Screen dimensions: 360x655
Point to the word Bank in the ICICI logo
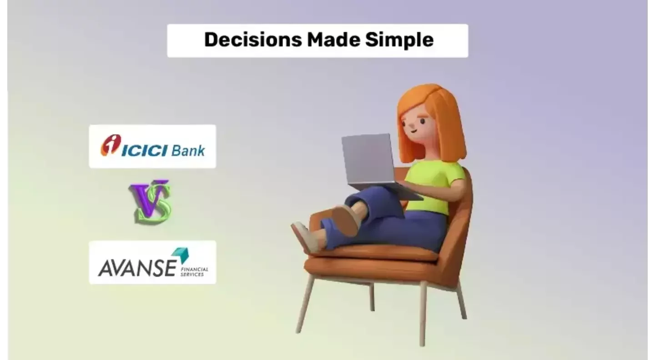pos(188,150)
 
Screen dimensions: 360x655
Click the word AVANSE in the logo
pos(137,268)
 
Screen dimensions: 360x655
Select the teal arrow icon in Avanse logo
pos(180,255)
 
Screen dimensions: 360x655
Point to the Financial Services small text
pos(194,272)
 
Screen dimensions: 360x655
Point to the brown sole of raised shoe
pos(346,220)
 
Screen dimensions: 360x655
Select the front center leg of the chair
pos(423,314)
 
